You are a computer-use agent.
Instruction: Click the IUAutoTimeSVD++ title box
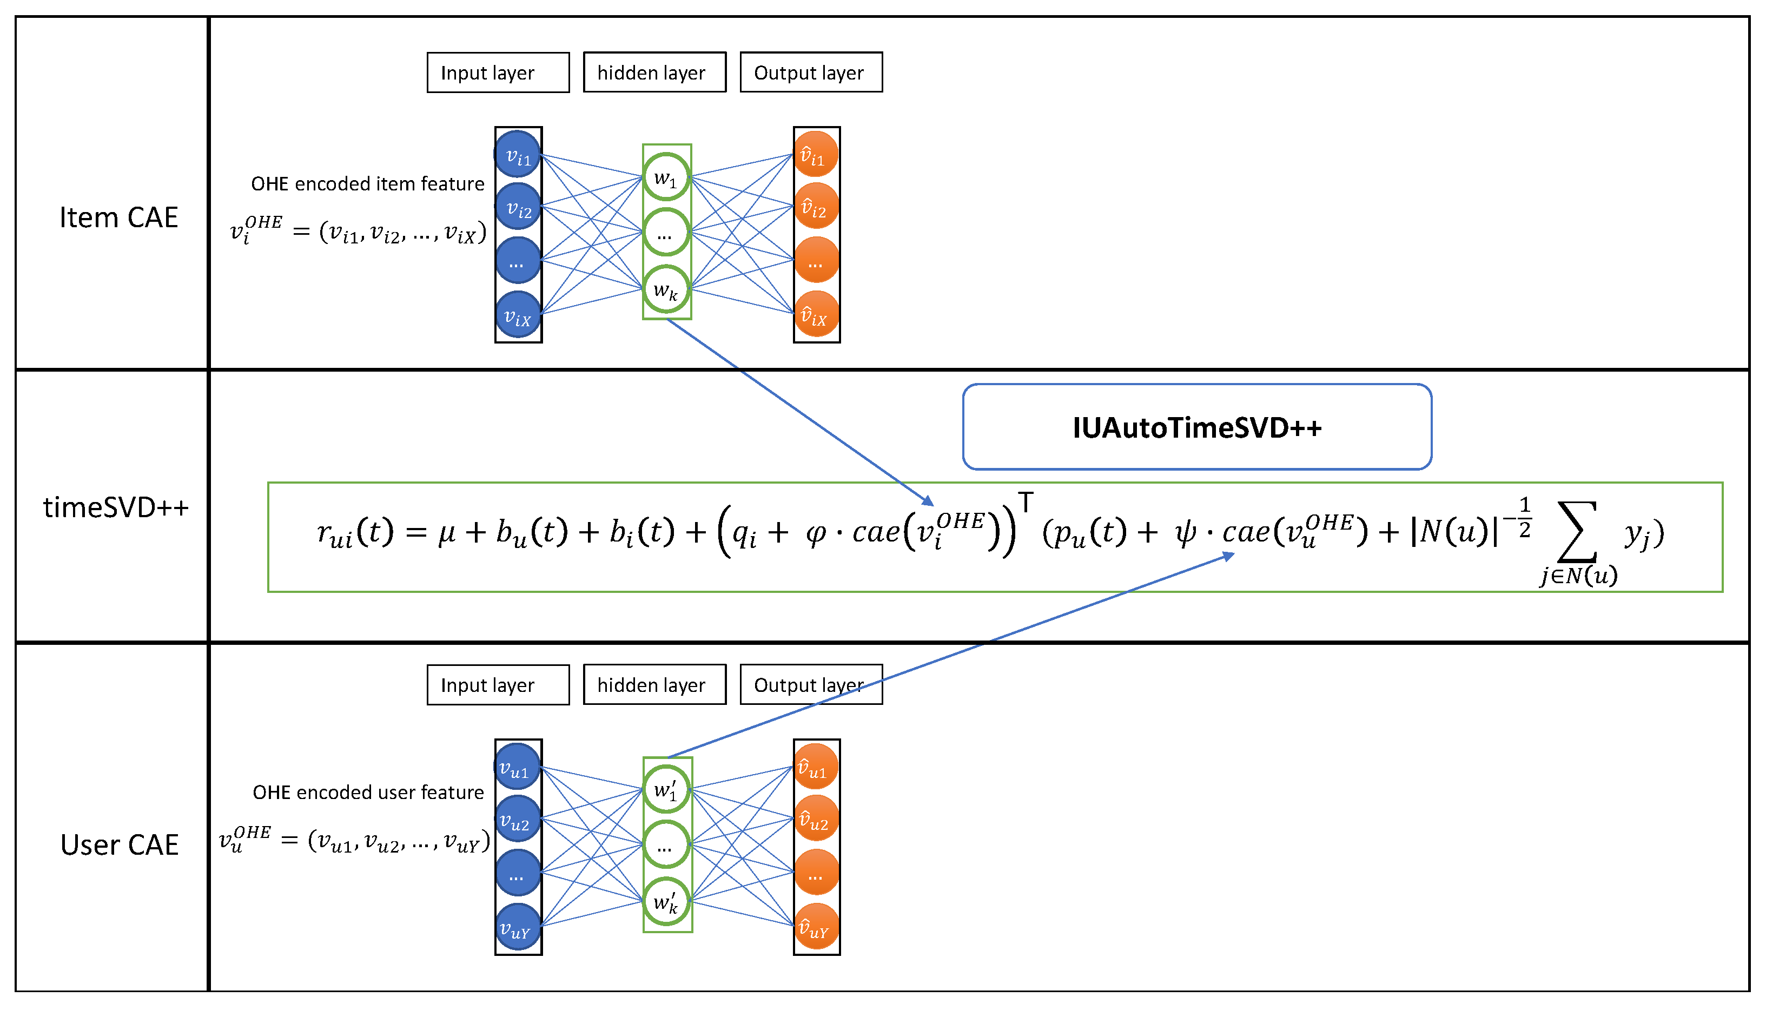click(x=1197, y=427)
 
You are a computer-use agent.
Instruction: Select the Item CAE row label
click(x=118, y=217)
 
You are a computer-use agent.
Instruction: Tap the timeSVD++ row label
click(x=116, y=507)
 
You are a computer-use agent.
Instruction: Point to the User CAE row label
click(x=119, y=844)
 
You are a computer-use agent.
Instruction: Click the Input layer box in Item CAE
click(x=498, y=72)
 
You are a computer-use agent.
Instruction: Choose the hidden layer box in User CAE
click(x=654, y=685)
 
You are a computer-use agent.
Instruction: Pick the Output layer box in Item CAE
click(x=811, y=72)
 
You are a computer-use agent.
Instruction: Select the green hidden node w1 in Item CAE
click(x=666, y=177)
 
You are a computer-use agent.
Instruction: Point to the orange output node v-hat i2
click(x=816, y=206)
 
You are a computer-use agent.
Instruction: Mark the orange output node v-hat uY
click(x=816, y=927)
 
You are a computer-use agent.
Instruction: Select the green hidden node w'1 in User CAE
click(x=666, y=789)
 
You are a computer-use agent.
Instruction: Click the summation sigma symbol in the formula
click(x=1577, y=531)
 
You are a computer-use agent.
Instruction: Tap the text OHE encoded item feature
click(x=367, y=184)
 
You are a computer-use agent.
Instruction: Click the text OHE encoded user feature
click(x=367, y=792)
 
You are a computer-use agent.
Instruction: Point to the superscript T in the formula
click(x=1026, y=501)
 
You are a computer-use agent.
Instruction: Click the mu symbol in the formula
click(x=447, y=533)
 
